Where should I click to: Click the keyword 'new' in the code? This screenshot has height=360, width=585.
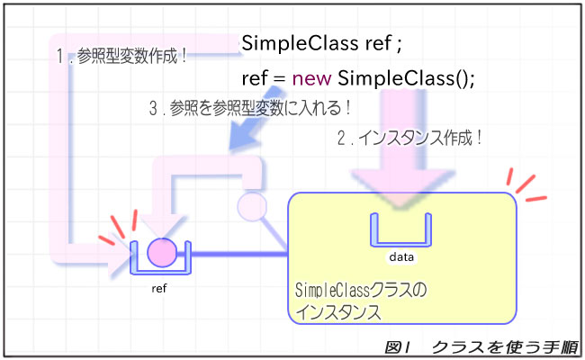tap(310, 78)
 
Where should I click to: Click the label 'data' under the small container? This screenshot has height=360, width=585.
tap(400, 256)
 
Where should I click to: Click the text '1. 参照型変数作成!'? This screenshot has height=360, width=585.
tap(121, 56)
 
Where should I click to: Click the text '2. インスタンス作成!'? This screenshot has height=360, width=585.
tap(409, 139)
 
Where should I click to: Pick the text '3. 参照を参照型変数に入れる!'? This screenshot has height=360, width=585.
tap(249, 106)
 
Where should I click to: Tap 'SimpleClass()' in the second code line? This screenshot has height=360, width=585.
tap(406, 78)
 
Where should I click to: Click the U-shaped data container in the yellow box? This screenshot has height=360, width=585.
tap(400, 229)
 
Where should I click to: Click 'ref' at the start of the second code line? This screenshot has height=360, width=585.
tap(256, 78)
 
